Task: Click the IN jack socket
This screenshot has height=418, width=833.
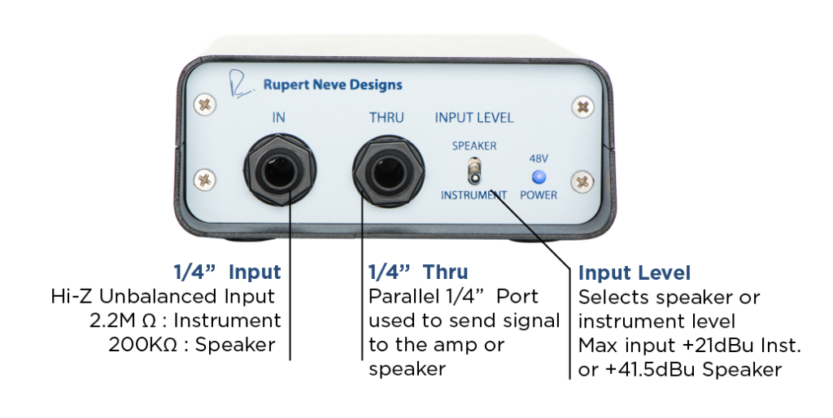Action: (x=280, y=170)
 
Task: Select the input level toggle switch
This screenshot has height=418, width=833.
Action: (x=474, y=171)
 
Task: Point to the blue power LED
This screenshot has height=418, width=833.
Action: (x=539, y=176)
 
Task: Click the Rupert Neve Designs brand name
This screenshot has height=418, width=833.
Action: (x=333, y=85)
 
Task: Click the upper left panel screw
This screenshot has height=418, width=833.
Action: (x=205, y=104)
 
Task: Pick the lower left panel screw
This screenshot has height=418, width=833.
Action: (x=204, y=181)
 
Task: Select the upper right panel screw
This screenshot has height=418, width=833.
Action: (x=582, y=107)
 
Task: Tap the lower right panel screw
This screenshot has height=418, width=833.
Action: (x=582, y=182)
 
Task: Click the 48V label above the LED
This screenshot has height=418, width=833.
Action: (x=539, y=159)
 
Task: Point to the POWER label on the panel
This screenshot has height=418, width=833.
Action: (x=539, y=195)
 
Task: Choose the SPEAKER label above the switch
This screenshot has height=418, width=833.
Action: (x=474, y=146)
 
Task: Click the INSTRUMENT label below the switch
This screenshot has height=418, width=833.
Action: (x=474, y=195)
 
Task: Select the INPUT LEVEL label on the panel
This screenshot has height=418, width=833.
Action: (x=474, y=118)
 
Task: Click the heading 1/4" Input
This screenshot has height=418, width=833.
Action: (x=228, y=272)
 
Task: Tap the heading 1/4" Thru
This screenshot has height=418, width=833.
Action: (x=419, y=272)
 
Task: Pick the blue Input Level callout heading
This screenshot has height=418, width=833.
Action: (x=635, y=273)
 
